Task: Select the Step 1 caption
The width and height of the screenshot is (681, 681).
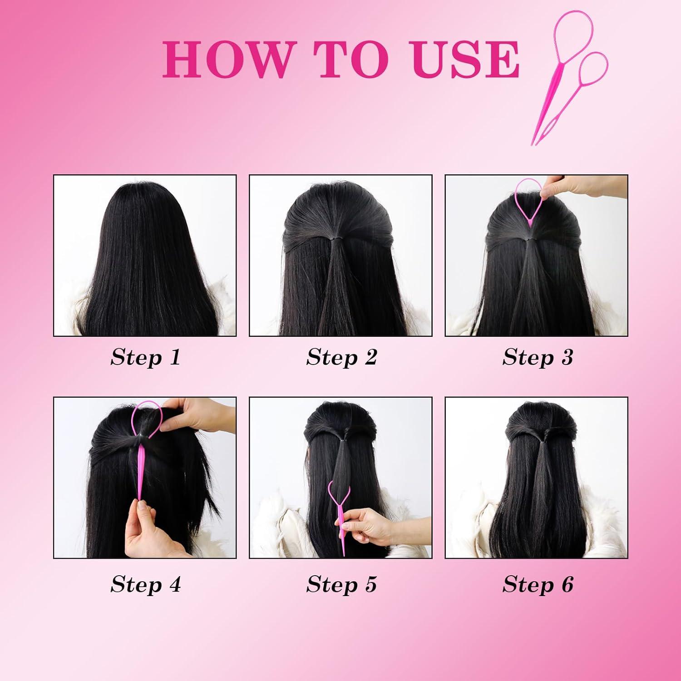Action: coord(145,357)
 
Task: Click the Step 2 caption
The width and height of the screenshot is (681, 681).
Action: coord(341,357)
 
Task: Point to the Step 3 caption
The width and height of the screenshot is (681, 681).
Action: coord(538,357)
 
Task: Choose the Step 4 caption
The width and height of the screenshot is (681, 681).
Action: coord(145,584)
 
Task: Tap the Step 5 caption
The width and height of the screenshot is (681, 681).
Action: coord(341,584)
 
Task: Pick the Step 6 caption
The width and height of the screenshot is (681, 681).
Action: coord(538,584)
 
